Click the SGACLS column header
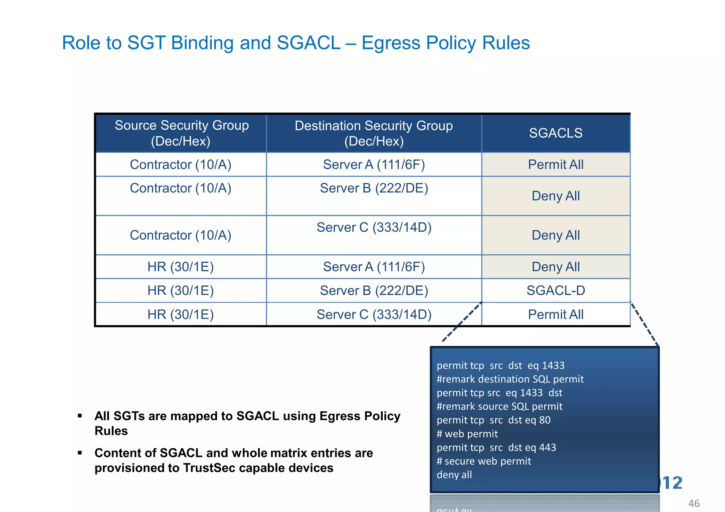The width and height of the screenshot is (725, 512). coord(555,133)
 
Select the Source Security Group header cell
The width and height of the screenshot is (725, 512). coord(181,133)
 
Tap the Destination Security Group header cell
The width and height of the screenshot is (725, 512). coord(374,133)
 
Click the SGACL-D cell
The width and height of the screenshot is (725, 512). coord(555,290)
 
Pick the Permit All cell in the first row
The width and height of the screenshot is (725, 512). coord(555,165)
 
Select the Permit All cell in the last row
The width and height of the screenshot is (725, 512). coord(555,314)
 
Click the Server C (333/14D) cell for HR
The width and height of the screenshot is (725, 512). coord(374,314)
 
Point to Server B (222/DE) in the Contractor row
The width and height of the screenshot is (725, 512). coord(374,188)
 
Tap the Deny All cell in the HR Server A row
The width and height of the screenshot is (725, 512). coord(555,267)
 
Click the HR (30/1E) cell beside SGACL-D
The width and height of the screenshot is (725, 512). coord(181,290)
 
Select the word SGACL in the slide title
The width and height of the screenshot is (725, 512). coord(308,43)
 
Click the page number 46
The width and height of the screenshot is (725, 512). coord(693,503)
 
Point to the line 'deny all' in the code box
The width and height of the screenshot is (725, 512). coord(454,475)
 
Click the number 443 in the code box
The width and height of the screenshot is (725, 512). coord(547,448)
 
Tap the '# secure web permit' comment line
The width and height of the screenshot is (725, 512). coord(484,461)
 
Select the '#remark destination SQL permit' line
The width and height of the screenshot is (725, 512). coord(510,379)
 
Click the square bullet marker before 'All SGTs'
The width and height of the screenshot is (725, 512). coord(80,416)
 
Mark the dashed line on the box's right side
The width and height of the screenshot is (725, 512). coord(645,324)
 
